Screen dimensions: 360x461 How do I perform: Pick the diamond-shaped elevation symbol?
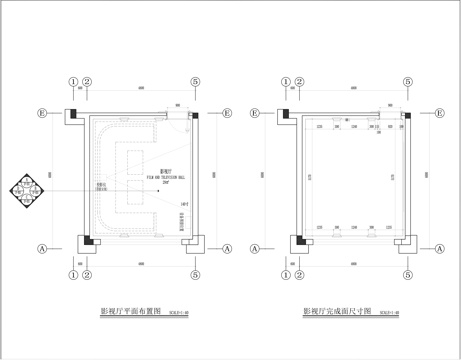tap(25, 187)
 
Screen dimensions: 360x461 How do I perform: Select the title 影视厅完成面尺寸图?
tap(338, 312)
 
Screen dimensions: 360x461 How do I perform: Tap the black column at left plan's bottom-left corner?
tap(89, 240)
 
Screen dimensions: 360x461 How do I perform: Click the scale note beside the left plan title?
tap(181, 313)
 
